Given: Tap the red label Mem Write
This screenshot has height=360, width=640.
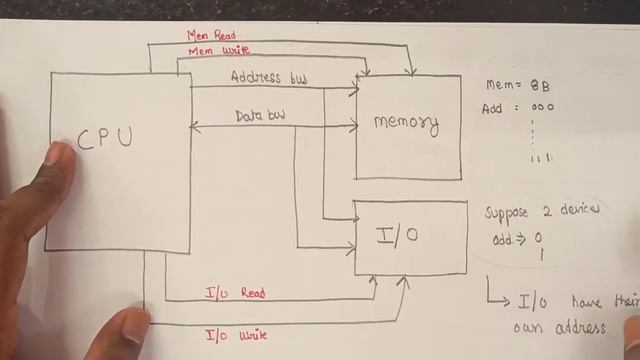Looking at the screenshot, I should tap(211, 50).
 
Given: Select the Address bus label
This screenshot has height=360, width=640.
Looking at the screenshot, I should tap(269, 77).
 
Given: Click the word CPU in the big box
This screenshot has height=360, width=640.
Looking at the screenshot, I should tap(104, 138).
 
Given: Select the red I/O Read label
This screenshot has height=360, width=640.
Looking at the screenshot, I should tap(235, 293).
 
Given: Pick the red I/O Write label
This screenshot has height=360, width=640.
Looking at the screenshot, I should tap(236, 335).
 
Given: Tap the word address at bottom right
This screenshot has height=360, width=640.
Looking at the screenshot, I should tap(576, 327).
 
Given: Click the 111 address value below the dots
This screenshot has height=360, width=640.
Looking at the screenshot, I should tap(541, 158).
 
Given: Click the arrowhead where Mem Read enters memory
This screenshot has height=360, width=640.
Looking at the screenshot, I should tap(412, 71).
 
